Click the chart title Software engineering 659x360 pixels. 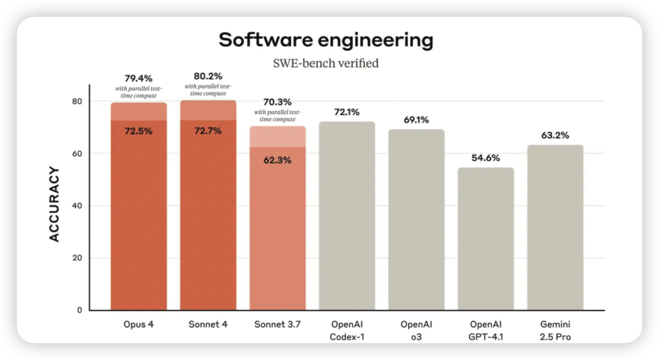(326, 40)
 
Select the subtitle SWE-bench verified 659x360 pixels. (326, 63)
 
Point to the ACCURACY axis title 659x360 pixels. (55, 204)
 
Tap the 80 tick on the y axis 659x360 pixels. (77, 101)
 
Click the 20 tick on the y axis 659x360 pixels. (77, 258)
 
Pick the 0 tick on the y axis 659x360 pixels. (79, 310)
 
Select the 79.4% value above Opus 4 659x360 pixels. (139, 78)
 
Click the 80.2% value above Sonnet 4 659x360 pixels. (208, 76)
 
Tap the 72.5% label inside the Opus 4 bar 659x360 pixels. (139, 131)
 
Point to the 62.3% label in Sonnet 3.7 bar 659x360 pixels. (278, 160)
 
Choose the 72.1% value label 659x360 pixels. (347, 112)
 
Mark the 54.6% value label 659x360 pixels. (486, 158)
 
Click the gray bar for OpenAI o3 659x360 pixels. (416, 220)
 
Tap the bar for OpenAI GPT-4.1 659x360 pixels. (486, 239)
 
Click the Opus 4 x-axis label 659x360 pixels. (139, 325)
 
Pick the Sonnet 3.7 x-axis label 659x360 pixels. (278, 325)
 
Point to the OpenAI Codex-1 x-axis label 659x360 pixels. (347, 330)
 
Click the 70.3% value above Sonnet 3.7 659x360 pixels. (278, 103)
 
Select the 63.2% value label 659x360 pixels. (555, 135)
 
